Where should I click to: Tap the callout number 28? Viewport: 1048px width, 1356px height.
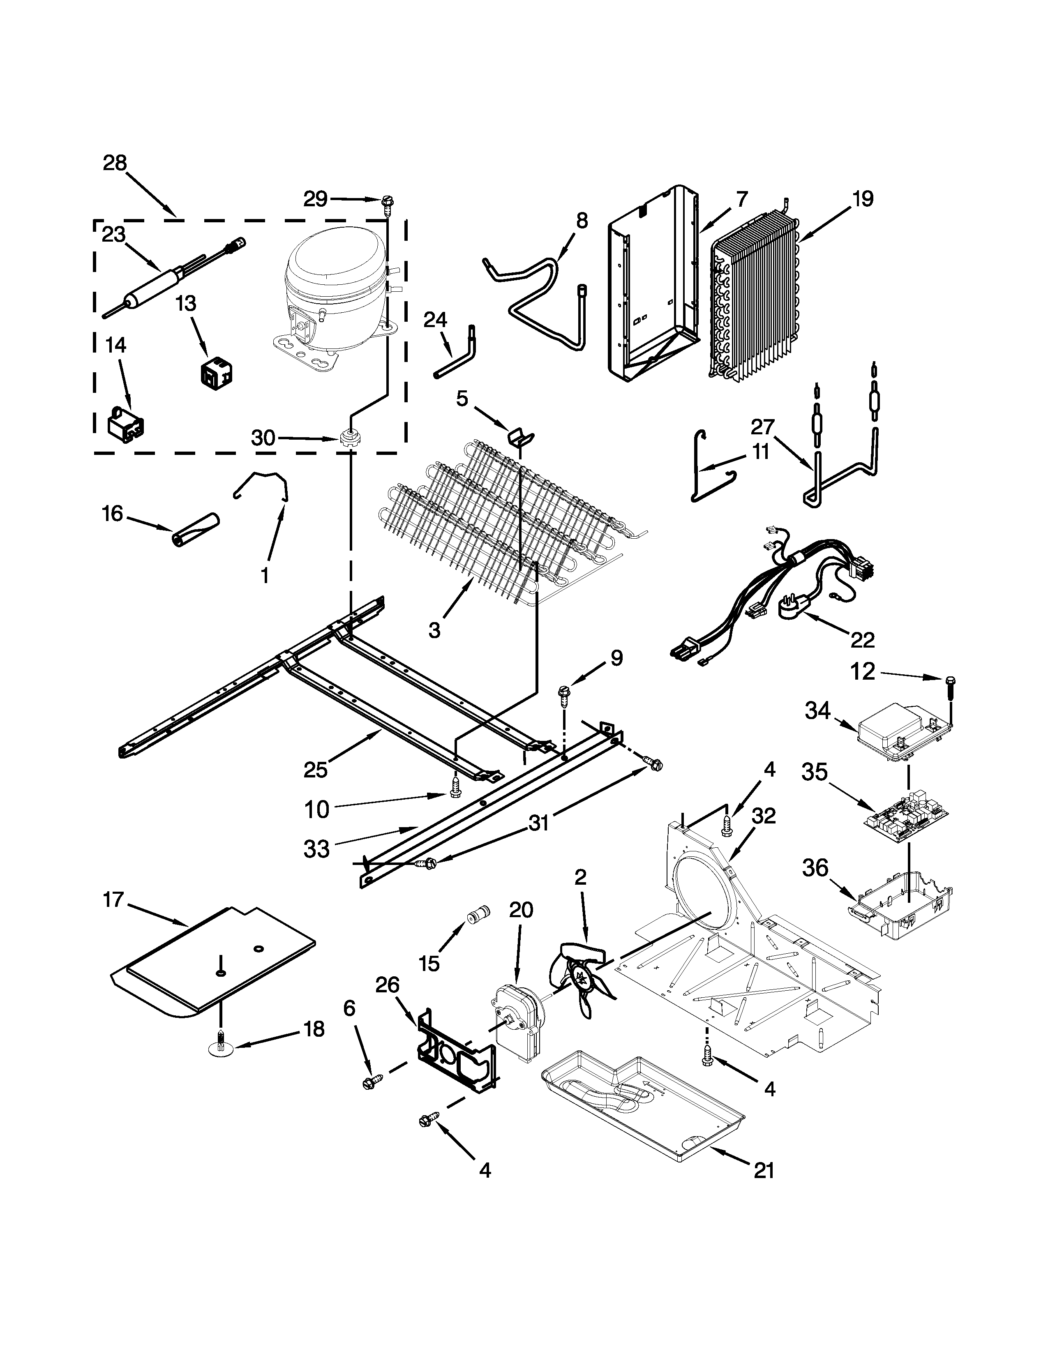pyautogui.click(x=115, y=163)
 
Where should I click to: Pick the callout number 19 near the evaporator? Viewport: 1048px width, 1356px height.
pyautogui.click(x=862, y=199)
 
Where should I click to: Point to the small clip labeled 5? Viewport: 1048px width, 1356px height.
pyautogui.click(x=520, y=436)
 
